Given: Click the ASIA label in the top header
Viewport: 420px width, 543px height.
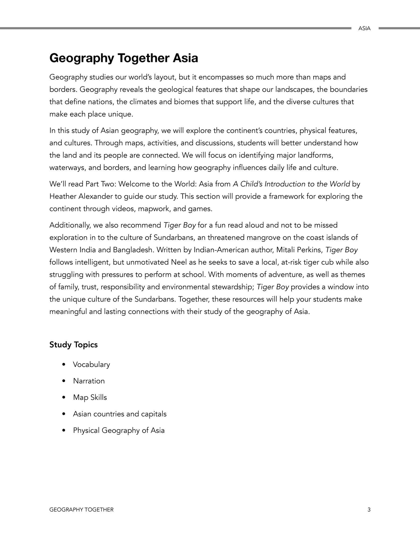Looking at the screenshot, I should coord(364,28).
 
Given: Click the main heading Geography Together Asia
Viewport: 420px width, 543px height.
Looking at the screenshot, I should coord(124,58).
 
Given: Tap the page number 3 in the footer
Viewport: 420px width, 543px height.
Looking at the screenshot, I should coord(369,510).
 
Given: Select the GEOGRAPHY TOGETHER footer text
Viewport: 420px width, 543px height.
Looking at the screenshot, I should coord(81,510).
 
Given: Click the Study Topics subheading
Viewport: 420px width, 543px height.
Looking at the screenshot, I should coord(73,345).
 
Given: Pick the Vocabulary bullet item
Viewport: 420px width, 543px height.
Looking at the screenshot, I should coord(91,365).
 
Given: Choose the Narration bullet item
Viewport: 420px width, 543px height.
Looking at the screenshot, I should coord(89,381).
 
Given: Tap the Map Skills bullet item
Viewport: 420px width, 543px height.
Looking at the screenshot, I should coord(90,397).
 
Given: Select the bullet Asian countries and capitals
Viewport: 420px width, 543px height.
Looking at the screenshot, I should coord(119,414).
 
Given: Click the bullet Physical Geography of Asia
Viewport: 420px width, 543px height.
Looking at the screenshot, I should coord(119,431).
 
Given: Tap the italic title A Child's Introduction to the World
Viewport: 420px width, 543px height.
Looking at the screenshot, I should coord(291,184).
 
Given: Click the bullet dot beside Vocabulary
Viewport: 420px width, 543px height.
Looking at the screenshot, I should coord(64,365).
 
